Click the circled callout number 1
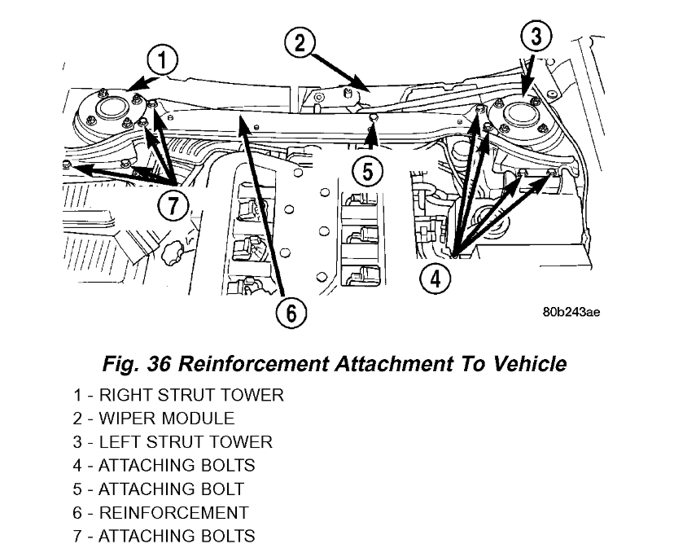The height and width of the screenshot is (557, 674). click(x=163, y=59)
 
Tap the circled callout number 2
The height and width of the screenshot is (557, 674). click(x=300, y=42)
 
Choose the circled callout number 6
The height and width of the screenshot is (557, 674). click(x=292, y=311)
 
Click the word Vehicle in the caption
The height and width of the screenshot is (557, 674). click(x=527, y=363)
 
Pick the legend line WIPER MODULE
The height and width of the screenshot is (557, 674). click(x=154, y=419)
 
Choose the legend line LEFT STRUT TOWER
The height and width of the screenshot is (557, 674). click(x=173, y=443)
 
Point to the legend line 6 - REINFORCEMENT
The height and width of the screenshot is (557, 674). click(x=160, y=513)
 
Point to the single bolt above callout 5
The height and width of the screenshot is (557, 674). click(x=371, y=120)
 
